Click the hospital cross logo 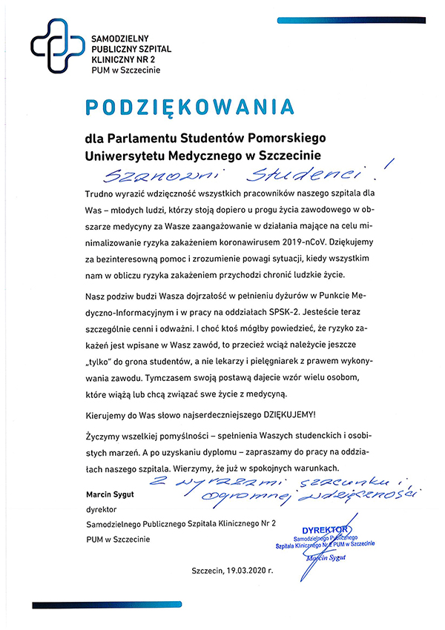pos(56,46)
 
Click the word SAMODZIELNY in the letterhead pos(124,36)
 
